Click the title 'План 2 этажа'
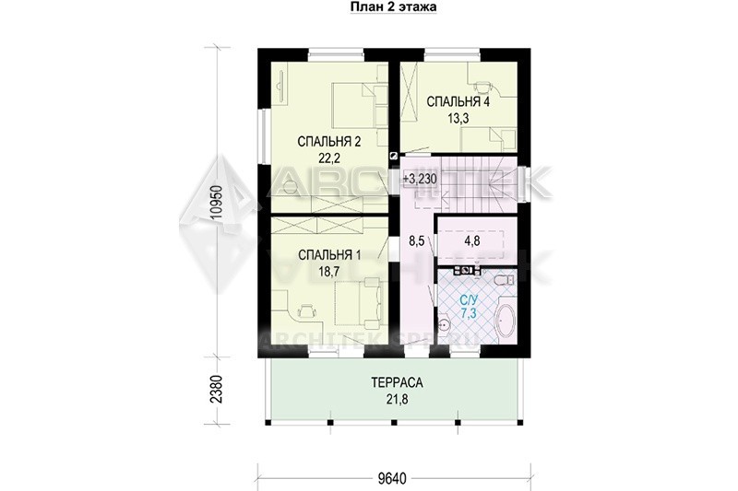[x=393, y=6]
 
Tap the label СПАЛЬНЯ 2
[x=329, y=142]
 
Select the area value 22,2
[x=329, y=158]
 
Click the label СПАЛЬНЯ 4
[x=458, y=101]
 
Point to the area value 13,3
[x=457, y=118]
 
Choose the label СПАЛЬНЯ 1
[x=329, y=255]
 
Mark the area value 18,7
[x=329, y=272]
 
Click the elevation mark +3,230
[x=421, y=179]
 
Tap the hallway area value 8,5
[x=417, y=241]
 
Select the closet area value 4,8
[x=472, y=241]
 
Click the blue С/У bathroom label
[x=468, y=299]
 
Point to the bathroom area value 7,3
[x=469, y=314]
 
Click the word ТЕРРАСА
[x=397, y=383]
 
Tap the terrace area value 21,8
[x=397, y=400]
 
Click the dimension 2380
[x=217, y=389]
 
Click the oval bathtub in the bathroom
[x=505, y=321]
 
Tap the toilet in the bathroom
[x=505, y=280]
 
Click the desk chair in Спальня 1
[x=306, y=310]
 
